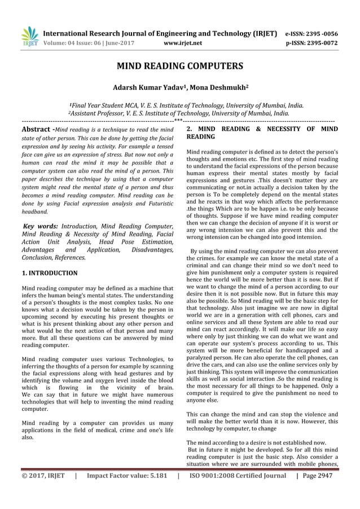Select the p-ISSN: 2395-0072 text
(320, 42)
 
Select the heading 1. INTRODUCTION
(50, 273)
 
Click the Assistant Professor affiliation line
(179, 113)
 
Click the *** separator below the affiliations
(178, 120)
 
